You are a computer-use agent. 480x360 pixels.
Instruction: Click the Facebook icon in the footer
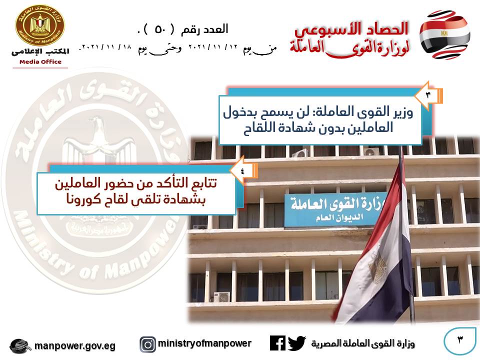(277, 343)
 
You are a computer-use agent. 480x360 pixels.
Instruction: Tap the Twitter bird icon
(296, 343)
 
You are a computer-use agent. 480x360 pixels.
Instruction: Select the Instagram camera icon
(148, 344)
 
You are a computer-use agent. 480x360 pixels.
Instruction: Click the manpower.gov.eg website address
(75, 346)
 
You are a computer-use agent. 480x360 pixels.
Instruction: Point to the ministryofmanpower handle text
(204, 343)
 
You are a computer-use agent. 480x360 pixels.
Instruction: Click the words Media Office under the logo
(40, 62)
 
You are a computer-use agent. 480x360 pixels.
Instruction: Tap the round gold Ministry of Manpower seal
(40, 25)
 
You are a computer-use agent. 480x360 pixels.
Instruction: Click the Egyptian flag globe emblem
(444, 34)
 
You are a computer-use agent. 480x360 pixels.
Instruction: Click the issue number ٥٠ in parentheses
(160, 29)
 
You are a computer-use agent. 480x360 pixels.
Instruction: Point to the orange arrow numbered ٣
(428, 95)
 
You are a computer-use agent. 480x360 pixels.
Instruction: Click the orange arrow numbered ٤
(243, 170)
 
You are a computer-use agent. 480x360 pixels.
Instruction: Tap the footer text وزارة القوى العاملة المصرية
(363, 343)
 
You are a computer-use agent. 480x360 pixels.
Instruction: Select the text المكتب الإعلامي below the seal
(40, 52)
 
